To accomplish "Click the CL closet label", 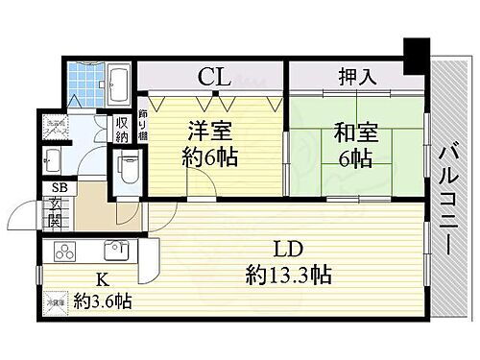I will click(x=213, y=75).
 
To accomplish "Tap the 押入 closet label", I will click(x=356, y=75).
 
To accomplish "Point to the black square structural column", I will click(x=416, y=55).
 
